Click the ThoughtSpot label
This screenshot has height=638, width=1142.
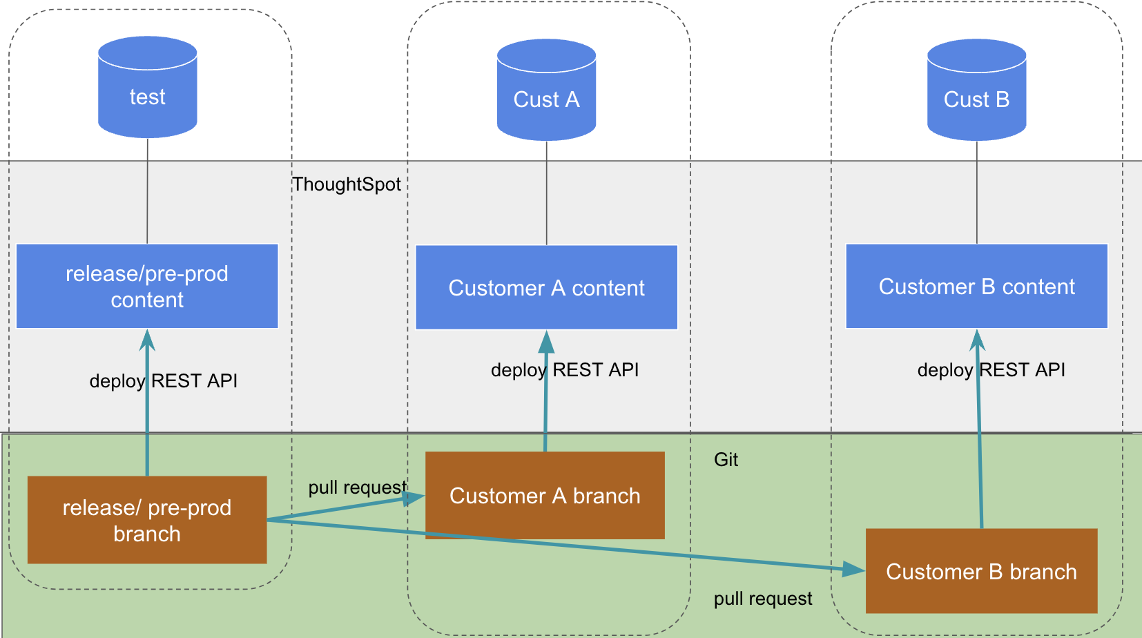[x=347, y=184]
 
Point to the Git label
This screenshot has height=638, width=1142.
[x=726, y=460]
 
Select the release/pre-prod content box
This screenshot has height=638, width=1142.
[x=147, y=287]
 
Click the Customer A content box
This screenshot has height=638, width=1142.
[x=546, y=288]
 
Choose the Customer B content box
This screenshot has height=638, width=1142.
[x=976, y=287]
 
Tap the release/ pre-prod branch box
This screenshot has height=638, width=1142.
[x=147, y=520]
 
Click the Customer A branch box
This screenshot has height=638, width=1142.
[x=545, y=496]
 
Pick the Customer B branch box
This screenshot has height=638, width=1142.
[x=981, y=572]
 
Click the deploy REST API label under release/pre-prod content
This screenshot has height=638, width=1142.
[x=164, y=381]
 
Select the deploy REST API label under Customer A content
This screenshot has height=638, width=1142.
[x=565, y=370]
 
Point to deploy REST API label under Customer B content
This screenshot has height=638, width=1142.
[x=991, y=370]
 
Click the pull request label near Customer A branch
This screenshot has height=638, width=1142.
[x=357, y=487]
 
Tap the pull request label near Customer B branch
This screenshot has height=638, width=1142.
[x=763, y=599]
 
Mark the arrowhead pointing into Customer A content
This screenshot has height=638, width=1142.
[x=546, y=341]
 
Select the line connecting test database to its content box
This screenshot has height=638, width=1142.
[x=147, y=190]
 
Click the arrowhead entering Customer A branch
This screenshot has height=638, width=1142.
[x=415, y=498]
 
